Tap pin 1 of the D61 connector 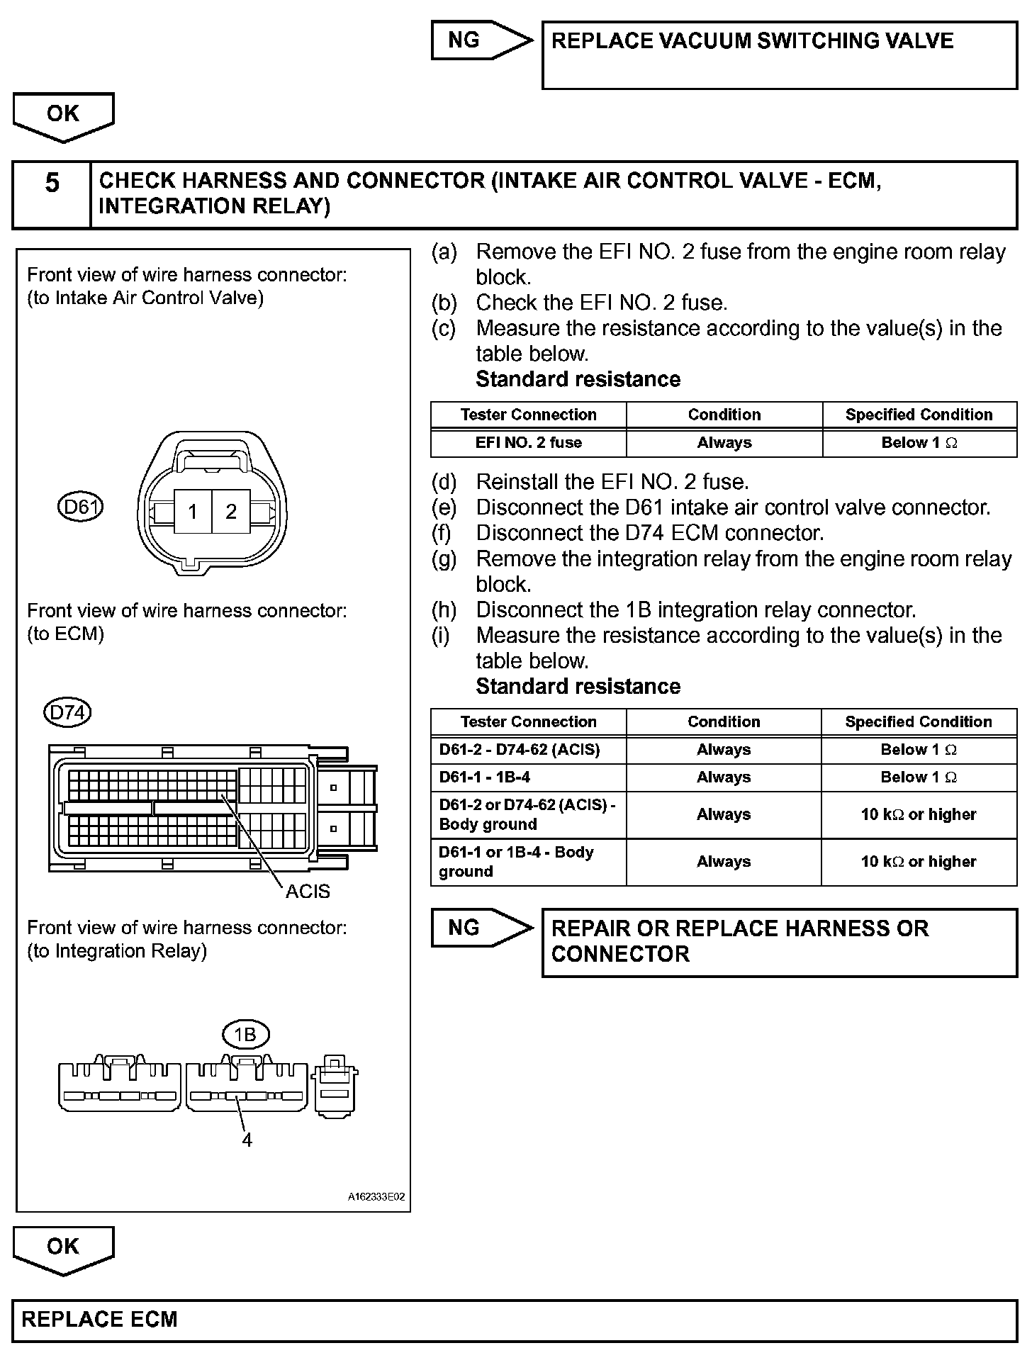click(193, 512)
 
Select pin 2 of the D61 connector click(231, 512)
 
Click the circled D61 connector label click(80, 507)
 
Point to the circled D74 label click(68, 712)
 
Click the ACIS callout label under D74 click(308, 891)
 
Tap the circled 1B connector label click(245, 1035)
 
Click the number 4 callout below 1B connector click(247, 1140)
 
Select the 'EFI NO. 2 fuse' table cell click(528, 443)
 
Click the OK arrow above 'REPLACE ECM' click(63, 1249)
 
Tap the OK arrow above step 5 click(63, 116)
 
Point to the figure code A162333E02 click(376, 1197)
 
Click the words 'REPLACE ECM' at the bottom click(100, 1319)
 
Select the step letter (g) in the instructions click(444, 559)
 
